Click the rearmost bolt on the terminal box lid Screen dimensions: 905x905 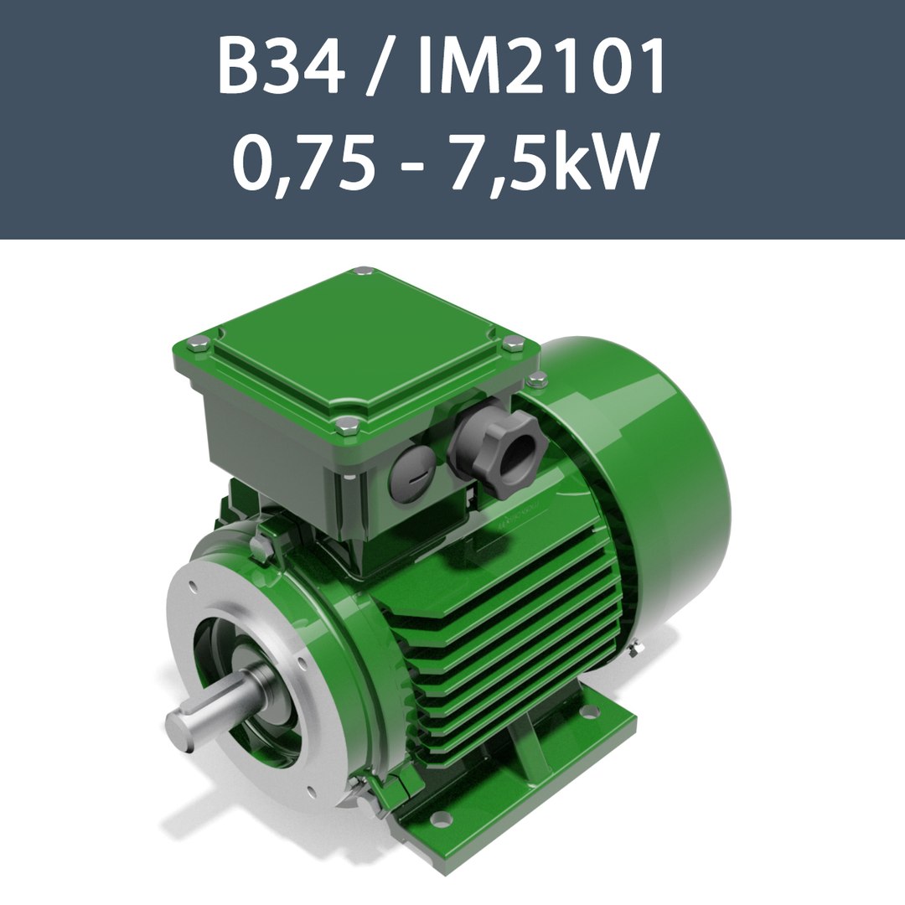click(362, 271)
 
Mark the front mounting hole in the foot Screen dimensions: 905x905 click(437, 818)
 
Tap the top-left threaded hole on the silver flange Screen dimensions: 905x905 click(194, 587)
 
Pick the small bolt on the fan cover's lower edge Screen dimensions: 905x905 click(639, 644)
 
